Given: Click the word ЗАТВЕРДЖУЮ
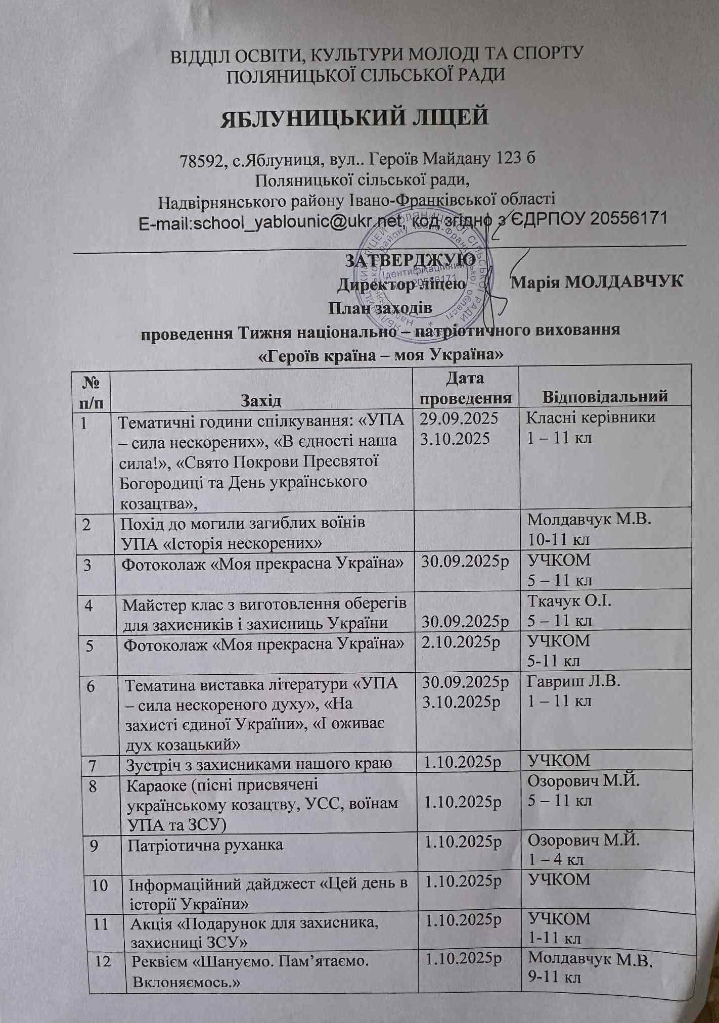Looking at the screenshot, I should (x=410, y=260).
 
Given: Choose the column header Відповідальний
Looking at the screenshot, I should (x=605, y=396).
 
